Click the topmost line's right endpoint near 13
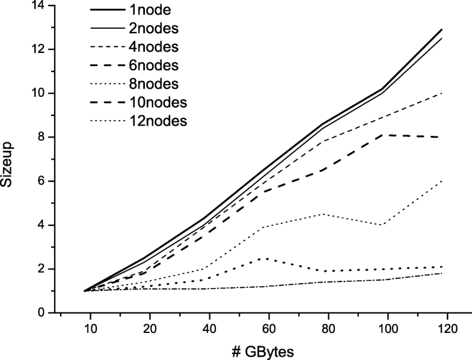click(442, 29)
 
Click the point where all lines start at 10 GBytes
click(85, 291)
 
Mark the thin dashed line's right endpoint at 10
click(442, 93)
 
